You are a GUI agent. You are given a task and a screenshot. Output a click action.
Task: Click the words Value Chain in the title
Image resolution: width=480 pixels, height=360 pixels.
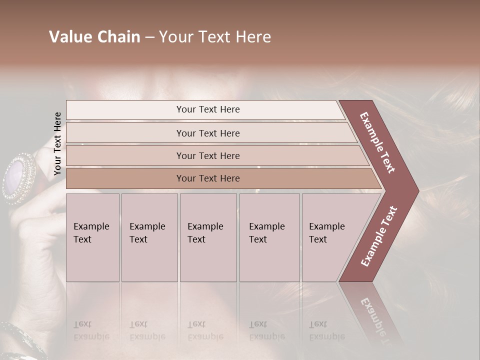94,37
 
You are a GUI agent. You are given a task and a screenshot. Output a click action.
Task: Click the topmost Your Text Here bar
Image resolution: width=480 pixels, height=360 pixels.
207,109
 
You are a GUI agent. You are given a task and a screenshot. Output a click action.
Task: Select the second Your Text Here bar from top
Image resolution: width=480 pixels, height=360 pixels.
207,133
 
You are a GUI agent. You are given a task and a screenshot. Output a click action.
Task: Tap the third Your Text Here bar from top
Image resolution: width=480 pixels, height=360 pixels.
207,155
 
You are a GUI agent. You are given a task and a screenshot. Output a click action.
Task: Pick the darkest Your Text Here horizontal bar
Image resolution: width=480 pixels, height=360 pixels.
207,178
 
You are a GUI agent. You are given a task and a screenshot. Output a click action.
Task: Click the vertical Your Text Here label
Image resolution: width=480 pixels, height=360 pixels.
57,144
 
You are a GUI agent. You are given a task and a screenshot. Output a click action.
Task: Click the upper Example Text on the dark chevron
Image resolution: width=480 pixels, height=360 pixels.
378,142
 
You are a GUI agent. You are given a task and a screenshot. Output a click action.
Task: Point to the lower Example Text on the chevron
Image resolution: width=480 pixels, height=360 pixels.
379,236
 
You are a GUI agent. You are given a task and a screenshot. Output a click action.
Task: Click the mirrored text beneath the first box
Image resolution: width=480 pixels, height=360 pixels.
91,331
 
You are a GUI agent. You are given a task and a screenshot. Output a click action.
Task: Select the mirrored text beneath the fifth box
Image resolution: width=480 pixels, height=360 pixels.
326,331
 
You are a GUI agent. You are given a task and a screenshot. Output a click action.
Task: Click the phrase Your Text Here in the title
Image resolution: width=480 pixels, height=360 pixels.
215,37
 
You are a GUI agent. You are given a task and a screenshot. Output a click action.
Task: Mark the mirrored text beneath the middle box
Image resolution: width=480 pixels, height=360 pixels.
205,331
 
